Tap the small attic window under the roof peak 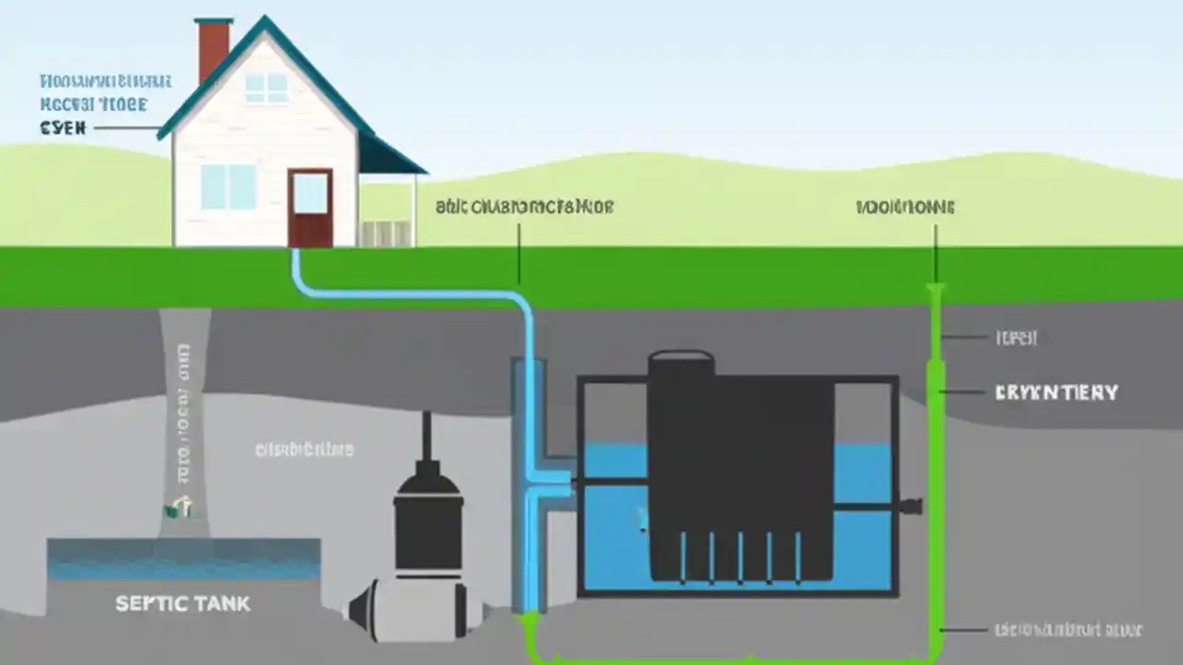[266, 87]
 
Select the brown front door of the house [310, 207]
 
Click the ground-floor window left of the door [228, 187]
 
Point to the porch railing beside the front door [387, 233]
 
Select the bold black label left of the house [63, 128]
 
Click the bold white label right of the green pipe [1056, 393]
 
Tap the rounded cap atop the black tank [681, 359]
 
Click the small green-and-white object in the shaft [180, 506]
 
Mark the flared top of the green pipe [935, 292]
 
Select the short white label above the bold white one [1016, 338]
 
